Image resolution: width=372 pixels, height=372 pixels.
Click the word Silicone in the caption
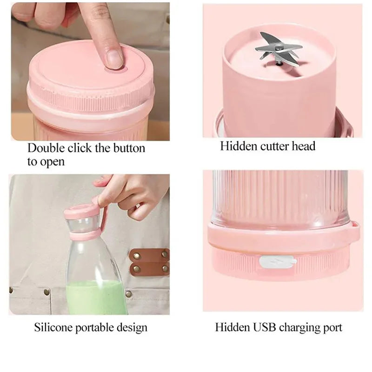pyautogui.click(x=53, y=327)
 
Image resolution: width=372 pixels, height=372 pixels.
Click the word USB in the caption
pyautogui.click(x=263, y=327)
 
